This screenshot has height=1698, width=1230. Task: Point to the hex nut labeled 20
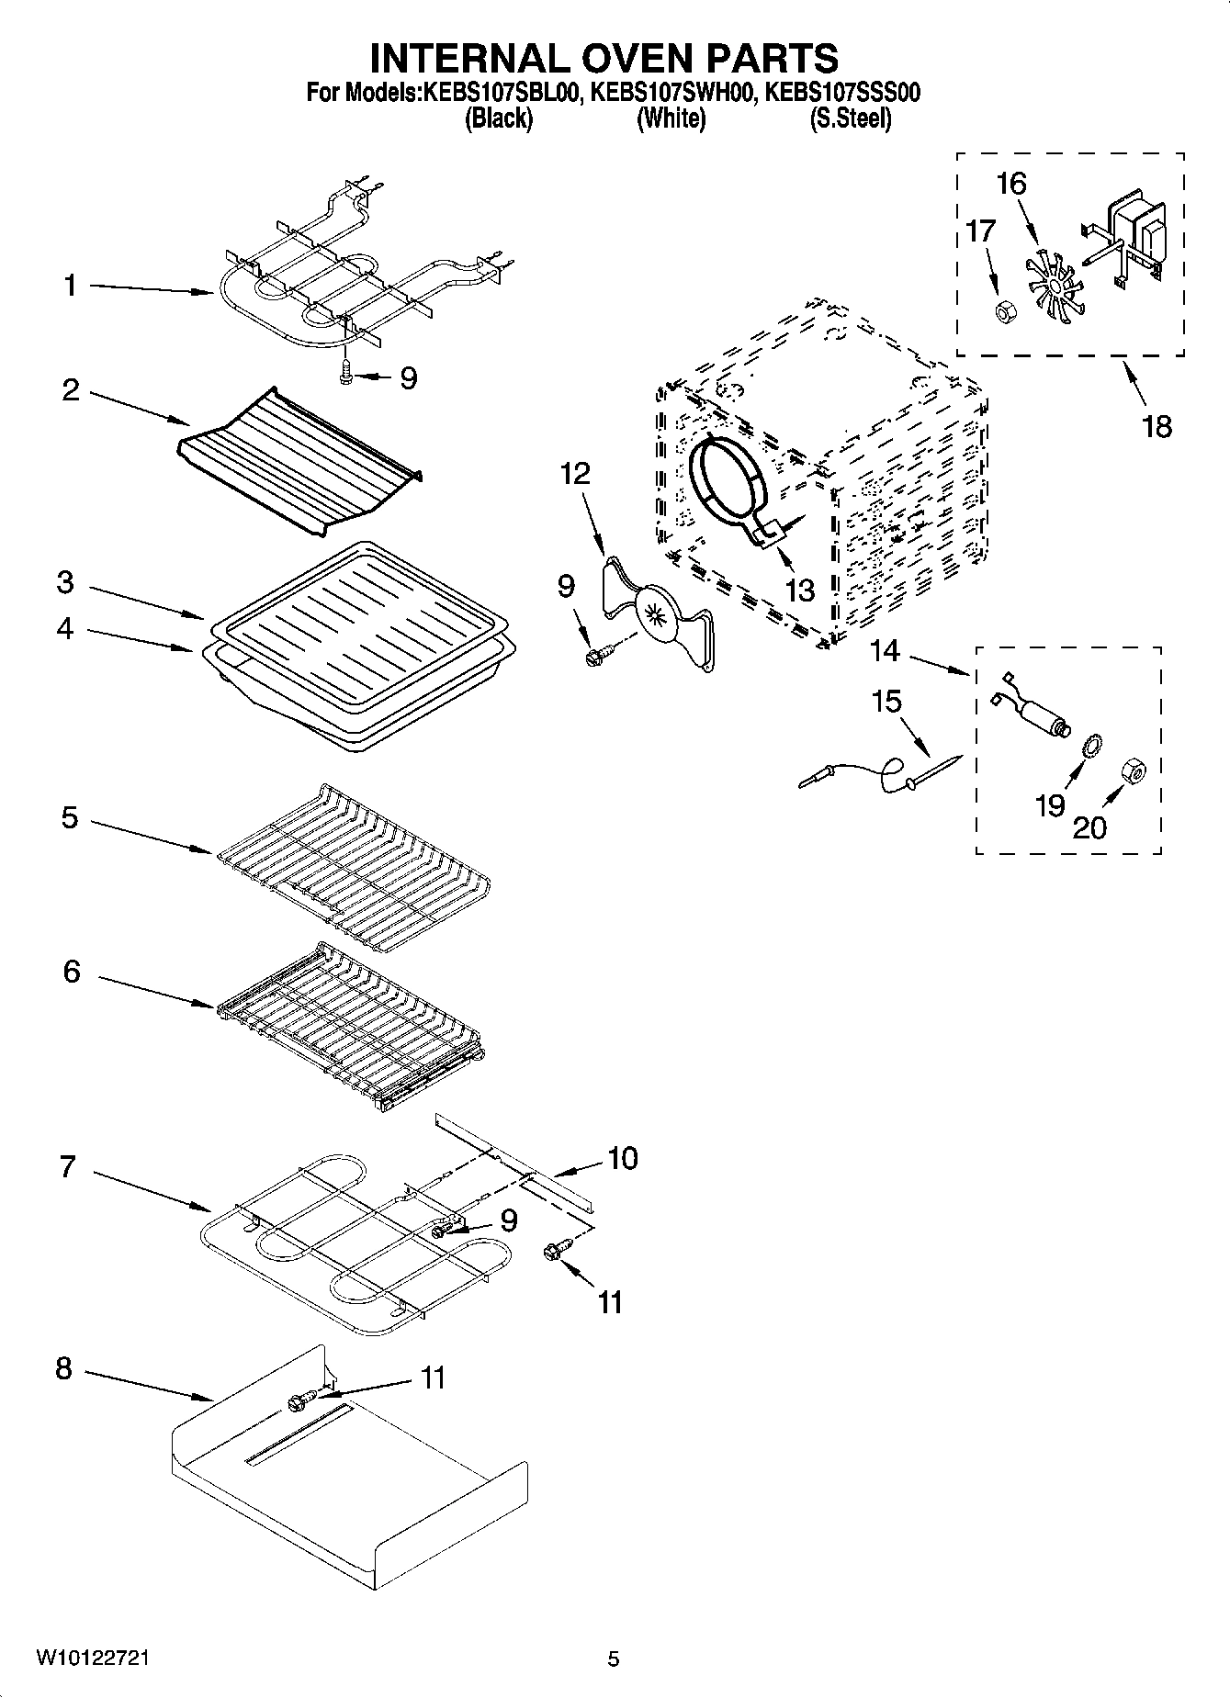pos(1133,774)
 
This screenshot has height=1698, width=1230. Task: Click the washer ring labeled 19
pos(1093,747)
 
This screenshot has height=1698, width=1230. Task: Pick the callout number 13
pos(800,590)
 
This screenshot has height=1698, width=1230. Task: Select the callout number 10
pos(622,1159)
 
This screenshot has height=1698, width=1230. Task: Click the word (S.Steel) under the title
pos(850,118)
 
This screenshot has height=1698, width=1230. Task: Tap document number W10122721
pos(93,1658)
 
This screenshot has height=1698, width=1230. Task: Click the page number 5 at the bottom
pos(613,1659)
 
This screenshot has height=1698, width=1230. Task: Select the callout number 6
pos(72,972)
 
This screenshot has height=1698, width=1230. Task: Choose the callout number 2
pos(71,390)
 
